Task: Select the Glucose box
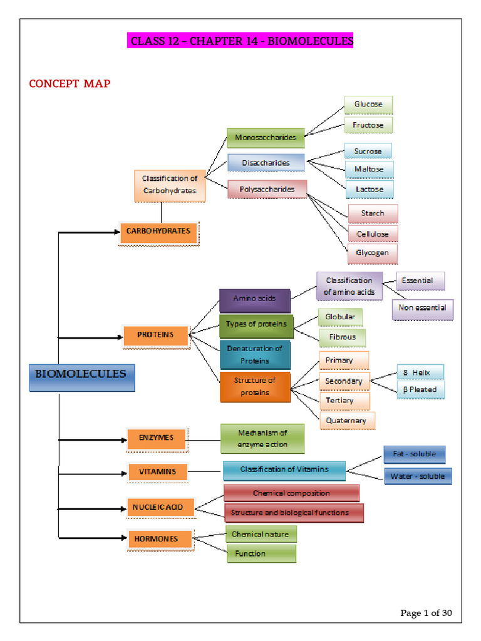pyautogui.click(x=368, y=105)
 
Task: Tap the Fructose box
pyautogui.click(x=368, y=125)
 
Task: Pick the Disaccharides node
pyautogui.click(x=266, y=163)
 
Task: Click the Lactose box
pyautogui.click(x=370, y=189)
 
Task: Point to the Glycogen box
pyautogui.click(x=372, y=254)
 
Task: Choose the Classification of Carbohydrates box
pyautogui.click(x=169, y=185)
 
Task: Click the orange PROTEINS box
pyautogui.click(x=156, y=336)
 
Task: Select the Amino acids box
pyautogui.click(x=254, y=299)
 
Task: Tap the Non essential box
pyautogui.click(x=423, y=309)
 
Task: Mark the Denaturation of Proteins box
pyautogui.click(x=255, y=355)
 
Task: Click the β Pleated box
pyautogui.click(x=420, y=390)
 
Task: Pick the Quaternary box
pyautogui.click(x=346, y=421)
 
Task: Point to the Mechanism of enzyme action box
pyautogui.click(x=262, y=439)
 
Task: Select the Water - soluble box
pyautogui.click(x=418, y=477)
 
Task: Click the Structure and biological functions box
pyautogui.click(x=290, y=513)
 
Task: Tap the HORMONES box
pyautogui.click(x=156, y=539)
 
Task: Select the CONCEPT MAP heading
pyautogui.click(x=70, y=83)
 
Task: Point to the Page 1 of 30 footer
pyautogui.click(x=426, y=613)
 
